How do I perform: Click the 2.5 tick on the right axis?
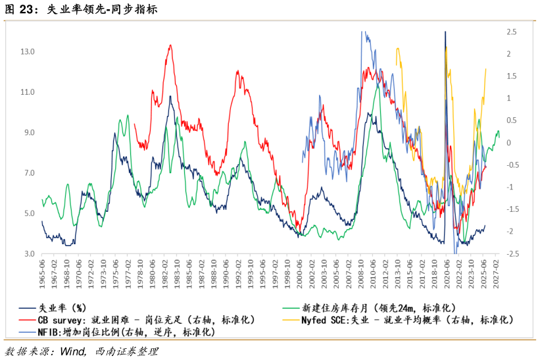[511, 32]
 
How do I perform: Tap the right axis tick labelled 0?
[508, 143]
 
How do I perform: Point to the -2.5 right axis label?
[512, 254]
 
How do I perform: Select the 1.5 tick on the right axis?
[511, 76]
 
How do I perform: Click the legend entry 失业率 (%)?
[62, 307]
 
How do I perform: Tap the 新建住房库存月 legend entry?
[378, 307]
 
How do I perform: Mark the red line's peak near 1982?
[170, 45]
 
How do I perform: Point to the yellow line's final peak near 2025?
[486, 68]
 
